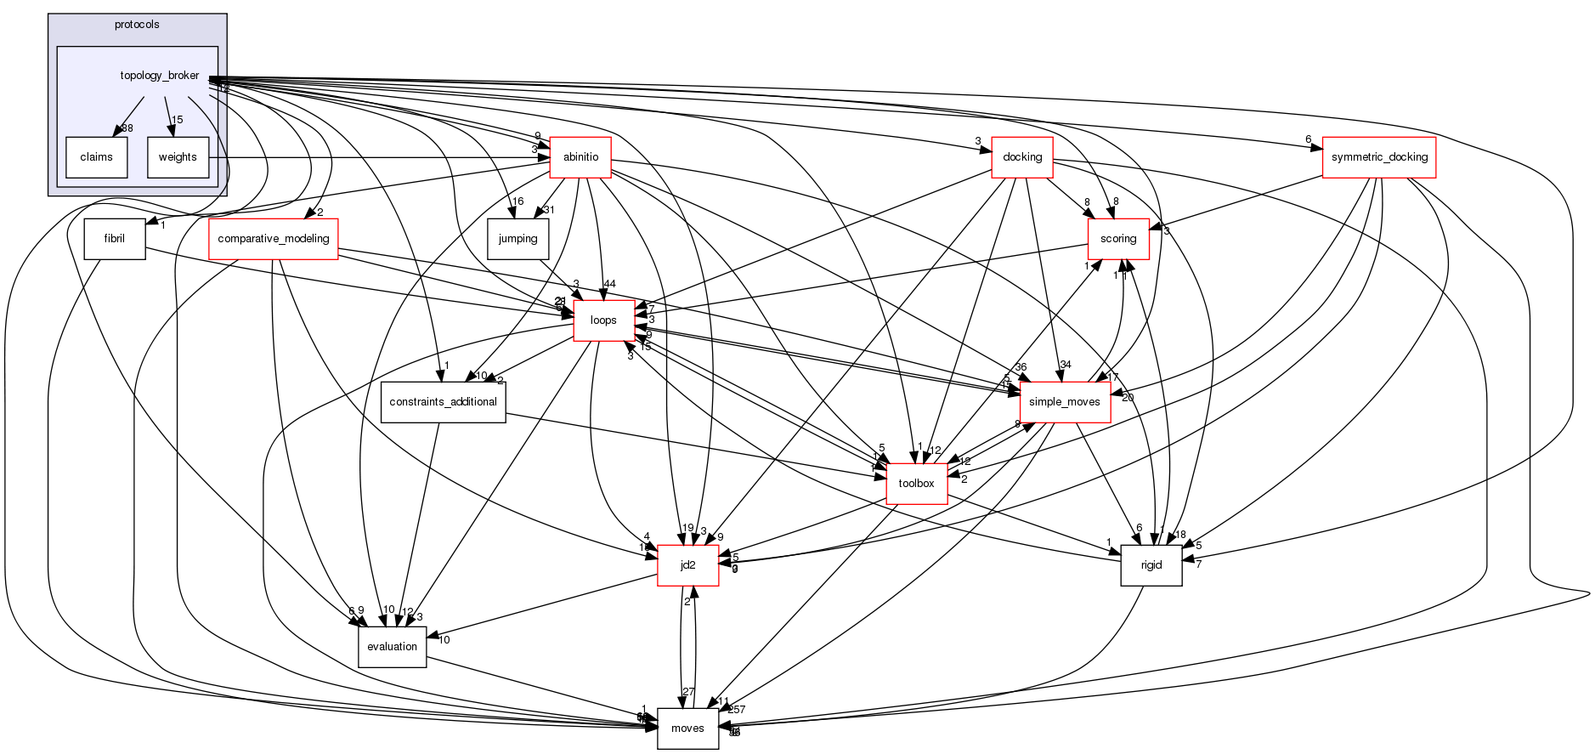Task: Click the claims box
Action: [96, 157]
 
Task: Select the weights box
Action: [178, 157]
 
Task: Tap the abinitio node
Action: [580, 157]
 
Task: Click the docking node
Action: [1022, 157]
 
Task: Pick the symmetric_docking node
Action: [1379, 157]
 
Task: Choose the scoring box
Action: [1118, 239]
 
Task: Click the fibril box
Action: [115, 239]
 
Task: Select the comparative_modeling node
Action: [274, 239]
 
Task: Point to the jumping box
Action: [518, 239]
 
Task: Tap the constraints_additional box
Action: [443, 402]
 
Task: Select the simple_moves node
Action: [1065, 402]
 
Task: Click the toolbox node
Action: [917, 484]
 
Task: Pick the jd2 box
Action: [688, 565]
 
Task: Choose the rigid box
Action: [1151, 565]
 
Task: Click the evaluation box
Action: [392, 647]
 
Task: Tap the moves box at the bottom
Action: [687, 728]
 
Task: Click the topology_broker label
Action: [160, 76]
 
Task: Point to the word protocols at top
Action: [137, 25]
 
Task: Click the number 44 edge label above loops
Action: [609, 284]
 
